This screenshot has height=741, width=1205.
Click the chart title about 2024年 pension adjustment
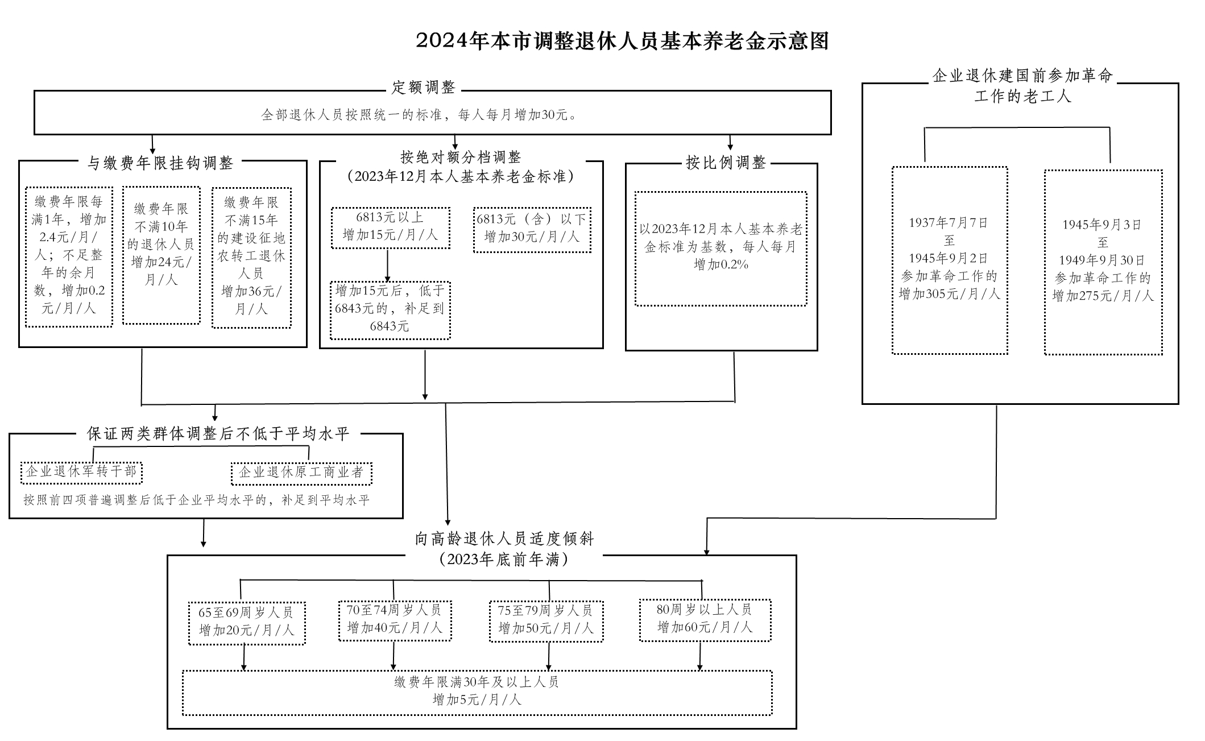pyautogui.click(x=622, y=42)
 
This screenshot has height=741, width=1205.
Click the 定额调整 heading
pyautogui.click(x=424, y=88)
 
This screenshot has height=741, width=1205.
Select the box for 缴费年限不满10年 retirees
pyautogui.click(x=161, y=255)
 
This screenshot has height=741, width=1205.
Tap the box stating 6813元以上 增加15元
pyautogui.click(x=390, y=227)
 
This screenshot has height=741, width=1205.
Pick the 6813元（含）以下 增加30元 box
pyautogui.click(x=532, y=229)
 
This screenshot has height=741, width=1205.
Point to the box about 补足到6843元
pyautogui.click(x=390, y=310)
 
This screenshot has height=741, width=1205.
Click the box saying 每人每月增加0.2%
pyautogui.click(x=720, y=249)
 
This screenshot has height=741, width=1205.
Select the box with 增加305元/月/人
pyautogui.click(x=949, y=260)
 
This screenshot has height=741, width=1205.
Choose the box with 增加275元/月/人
pyautogui.click(x=1103, y=262)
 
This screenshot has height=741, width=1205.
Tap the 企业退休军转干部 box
pyautogui.click(x=81, y=472)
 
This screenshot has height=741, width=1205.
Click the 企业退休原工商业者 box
pyautogui.click(x=301, y=473)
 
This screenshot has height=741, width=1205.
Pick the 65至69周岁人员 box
pyautogui.click(x=246, y=622)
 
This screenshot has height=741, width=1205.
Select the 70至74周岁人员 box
pyautogui.click(x=395, y=620)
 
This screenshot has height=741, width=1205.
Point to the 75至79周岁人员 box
pyautogui.click(x=546, y=620)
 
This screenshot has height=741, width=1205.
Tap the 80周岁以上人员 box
pyautogui.click(x=705, y=619)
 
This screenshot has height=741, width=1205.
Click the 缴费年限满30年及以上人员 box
pyautogui.click(x=477, y=692)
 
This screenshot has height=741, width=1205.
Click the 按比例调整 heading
pyautogui.click(x=726, y=163)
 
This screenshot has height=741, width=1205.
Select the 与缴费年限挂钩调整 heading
pyautogui.click(x=160, y=163)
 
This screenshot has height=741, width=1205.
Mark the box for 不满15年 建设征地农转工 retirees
pyautogui.click(x=251, y=257)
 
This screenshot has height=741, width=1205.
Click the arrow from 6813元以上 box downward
pyautogui.click(x=388, y=266)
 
